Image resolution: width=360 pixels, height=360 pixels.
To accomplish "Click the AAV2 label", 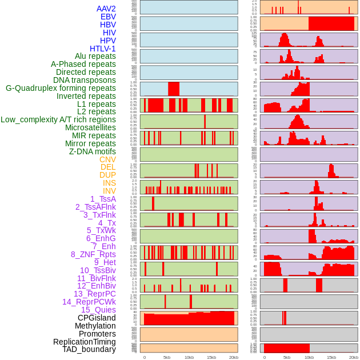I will tap(106, 9).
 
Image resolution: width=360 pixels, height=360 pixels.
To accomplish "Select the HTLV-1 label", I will tap(103, 49).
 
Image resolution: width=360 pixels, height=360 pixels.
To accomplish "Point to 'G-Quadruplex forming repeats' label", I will tap(61, 88).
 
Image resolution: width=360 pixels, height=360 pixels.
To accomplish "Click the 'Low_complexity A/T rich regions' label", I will tap(58, 119).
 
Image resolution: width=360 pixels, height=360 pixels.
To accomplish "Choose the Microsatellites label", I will tap(90, 127).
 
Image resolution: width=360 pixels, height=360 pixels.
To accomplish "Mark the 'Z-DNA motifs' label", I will tap(93, 151).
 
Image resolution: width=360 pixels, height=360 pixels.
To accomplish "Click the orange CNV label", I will tap(107, 159).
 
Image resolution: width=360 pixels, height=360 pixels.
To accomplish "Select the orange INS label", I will tap(109, 183).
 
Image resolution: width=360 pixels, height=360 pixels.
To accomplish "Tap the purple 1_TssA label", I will tap(103, 199).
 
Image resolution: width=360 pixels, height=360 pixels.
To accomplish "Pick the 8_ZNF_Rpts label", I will tap(93, 254).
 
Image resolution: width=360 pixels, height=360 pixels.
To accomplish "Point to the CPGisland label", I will tap(97, 318).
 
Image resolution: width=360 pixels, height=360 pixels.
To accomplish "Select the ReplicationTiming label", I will tap(85, 342).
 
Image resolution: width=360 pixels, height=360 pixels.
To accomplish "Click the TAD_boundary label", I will tap(89, 349).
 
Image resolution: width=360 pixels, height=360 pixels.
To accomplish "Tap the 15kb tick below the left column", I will tap(211, 357).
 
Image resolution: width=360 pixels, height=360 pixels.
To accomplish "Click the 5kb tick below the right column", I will tap(287, 357).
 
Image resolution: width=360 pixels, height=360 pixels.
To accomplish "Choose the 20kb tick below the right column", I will tap(354, 357).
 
